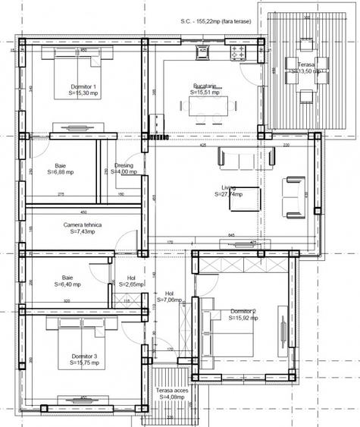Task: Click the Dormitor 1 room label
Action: [x=83, y=87]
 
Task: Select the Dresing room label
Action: [x=124, y=165]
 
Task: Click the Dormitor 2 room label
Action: [x=243, y=312]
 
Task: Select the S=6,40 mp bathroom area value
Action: [x=72, y=285]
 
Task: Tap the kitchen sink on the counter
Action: [x=203, y=52]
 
